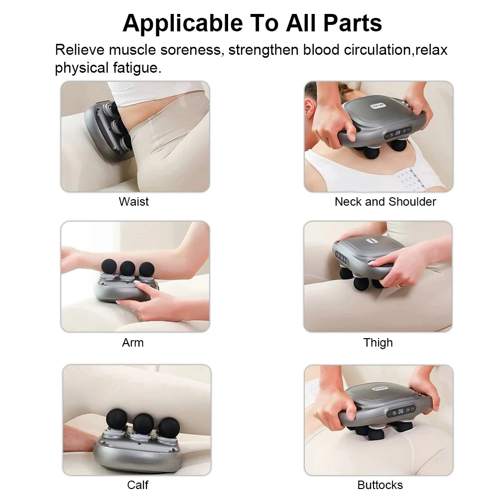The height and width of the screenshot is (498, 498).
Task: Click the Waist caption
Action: [133, 202]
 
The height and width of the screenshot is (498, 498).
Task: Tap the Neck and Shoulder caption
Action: [385, 202]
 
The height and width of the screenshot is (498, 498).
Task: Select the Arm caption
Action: [132, 343]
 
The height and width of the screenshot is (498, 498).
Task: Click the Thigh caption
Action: [378, 343]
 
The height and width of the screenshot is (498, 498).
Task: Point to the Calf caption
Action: [137, 485]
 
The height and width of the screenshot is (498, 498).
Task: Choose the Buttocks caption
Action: [380, 485]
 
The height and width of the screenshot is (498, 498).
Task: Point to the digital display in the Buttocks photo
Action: [401, 411]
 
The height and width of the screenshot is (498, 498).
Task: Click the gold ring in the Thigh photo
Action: [400, 285]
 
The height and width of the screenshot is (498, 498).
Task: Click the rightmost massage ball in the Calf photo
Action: [169, 427]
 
